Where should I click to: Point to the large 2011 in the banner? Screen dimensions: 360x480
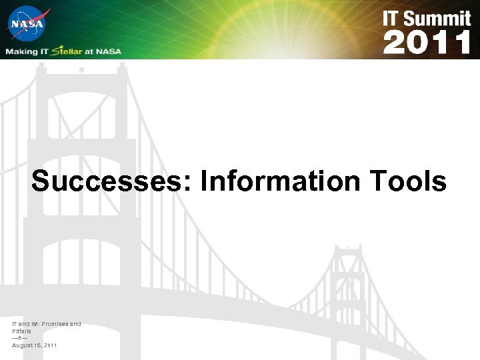[427, 43]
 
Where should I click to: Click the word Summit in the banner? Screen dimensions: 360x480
[439, 18]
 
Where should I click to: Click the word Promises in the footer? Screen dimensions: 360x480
[58, 324]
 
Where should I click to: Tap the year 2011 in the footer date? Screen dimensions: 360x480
[49, 345]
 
